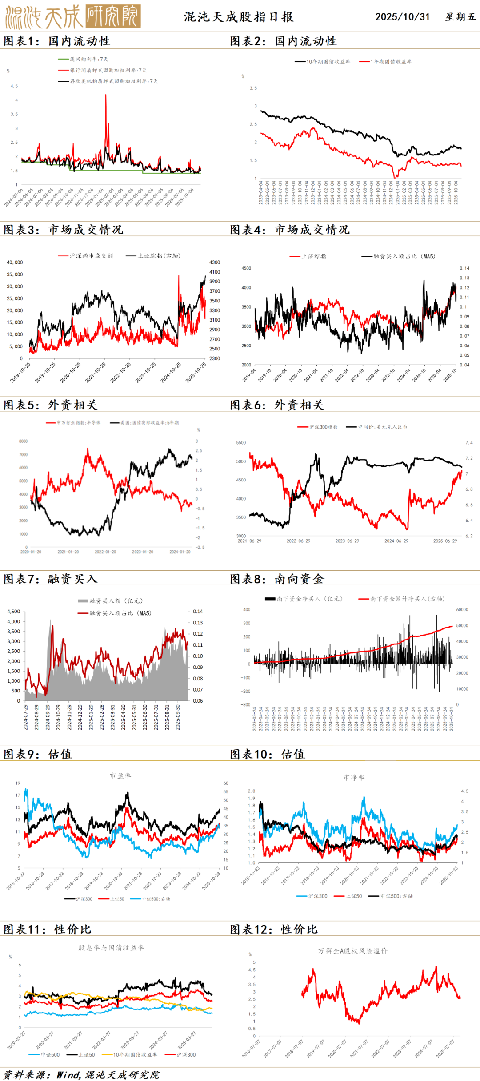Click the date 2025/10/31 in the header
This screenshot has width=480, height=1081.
click(x=402, y=17)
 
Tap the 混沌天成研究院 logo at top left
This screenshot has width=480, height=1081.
click(x=73, y=16)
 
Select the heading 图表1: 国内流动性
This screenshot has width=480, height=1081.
click(x=57, y=41)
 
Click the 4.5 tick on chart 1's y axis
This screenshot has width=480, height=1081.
click(x=14, y=86)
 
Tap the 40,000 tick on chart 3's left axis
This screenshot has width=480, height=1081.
click(x=15, y=262)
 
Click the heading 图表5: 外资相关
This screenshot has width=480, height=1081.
click(x=50, y=405)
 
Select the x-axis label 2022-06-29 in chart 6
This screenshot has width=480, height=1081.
click(x=298, y=541)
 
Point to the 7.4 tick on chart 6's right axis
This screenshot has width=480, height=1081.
click(x=469, y=443)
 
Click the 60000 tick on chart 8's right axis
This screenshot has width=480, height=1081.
click(x=462, y=610)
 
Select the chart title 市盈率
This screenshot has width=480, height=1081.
click(x=120, y=776)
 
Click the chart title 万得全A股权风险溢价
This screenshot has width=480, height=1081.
click(x=353, y=951)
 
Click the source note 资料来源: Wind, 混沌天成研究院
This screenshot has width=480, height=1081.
click(x=81, y=1075)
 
